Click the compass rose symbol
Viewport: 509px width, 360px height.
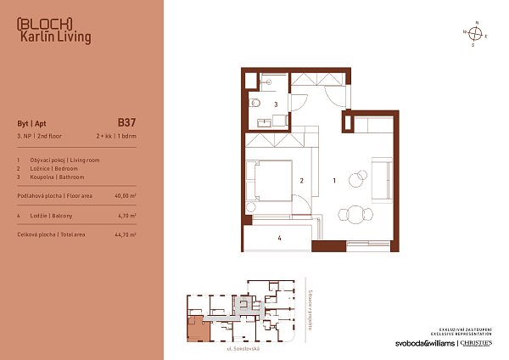476,34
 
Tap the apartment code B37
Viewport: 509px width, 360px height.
126,121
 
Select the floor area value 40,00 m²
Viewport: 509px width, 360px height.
125,195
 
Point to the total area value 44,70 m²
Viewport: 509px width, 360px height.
125,233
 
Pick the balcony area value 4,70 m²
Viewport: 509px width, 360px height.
126,216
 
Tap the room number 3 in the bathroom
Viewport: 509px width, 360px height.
277,104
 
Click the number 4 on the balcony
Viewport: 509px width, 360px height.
278,239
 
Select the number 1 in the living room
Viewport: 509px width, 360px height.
335,180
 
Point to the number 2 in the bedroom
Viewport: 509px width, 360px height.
301,180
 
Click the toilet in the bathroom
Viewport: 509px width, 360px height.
255,106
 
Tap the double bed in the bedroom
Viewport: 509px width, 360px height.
269,180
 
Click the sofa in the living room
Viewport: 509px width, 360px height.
383,174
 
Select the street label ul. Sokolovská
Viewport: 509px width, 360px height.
242,349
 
